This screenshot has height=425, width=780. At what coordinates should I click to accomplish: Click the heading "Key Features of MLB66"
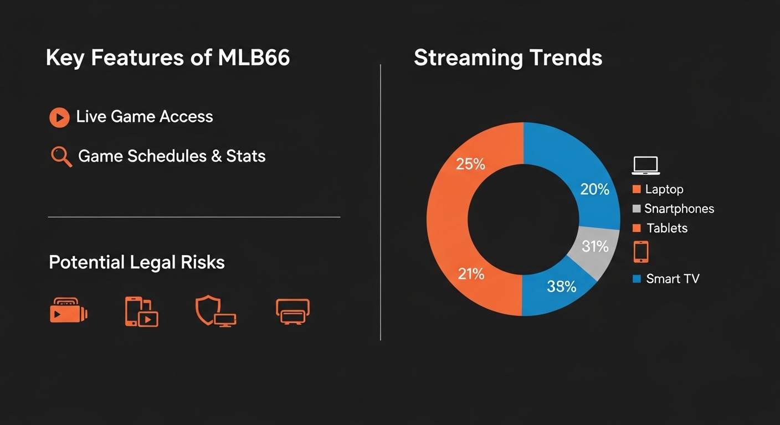pos(168,58)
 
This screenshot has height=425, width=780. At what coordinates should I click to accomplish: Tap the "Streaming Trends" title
pos(508,58)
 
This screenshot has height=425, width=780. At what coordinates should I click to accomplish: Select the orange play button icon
pos(59,117)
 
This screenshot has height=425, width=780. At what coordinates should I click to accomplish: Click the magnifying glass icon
pos(61,157)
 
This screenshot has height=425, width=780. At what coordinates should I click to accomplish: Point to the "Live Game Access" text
pos(145,117)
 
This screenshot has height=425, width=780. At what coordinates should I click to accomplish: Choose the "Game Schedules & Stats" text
pos(172,156)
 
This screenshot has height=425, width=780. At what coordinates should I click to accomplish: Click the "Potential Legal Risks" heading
pos(137,262)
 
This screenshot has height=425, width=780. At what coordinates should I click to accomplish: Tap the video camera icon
pos(69,312)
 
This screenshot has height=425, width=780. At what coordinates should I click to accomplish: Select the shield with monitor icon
pos(215,312)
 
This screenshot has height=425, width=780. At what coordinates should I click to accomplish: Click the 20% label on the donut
pos(594,189)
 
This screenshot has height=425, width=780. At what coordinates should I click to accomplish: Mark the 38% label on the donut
pos(561,286)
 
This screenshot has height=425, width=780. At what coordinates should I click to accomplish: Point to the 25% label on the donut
pos(470,164)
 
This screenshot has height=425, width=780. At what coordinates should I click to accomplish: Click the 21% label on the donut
pos(471,273)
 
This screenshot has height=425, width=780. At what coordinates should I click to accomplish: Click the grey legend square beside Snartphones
pos(637,209)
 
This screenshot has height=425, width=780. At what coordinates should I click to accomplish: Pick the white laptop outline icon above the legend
pos(645,165)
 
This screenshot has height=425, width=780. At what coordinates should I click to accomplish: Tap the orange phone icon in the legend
pos(641,252)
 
